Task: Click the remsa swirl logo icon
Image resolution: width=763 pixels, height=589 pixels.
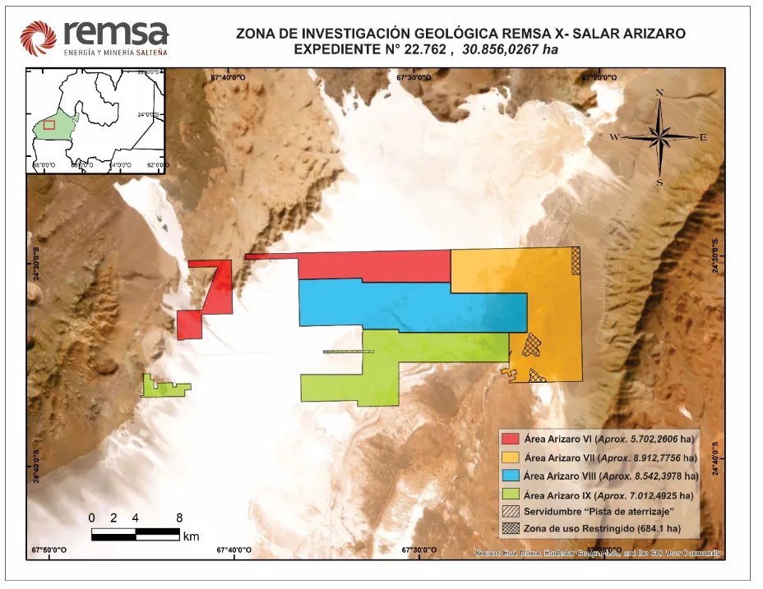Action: (38, 37)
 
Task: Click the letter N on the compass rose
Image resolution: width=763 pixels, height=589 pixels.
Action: (659, 92)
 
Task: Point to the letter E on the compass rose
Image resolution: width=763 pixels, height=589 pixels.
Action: (703, 137)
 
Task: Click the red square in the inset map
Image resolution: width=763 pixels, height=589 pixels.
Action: (49, 125)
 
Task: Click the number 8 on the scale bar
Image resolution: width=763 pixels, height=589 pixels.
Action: (179, 518)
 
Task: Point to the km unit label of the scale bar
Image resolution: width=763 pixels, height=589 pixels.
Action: (192, 536)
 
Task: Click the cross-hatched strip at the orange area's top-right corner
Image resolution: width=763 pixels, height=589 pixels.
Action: (576, 260)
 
